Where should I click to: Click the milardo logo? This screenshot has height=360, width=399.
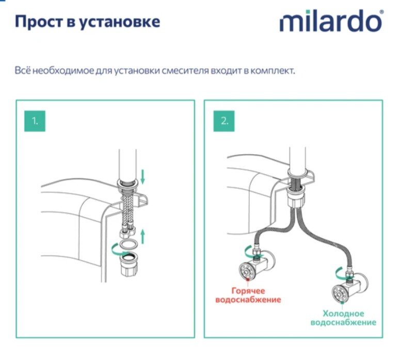coord(330,22)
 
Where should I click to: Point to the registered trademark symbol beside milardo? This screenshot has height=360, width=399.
coord(382,12)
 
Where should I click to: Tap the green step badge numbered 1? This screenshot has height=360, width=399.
coord(35,121)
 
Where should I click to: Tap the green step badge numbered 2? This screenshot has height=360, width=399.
coord(225,121)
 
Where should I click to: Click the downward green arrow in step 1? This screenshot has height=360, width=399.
coord(143,177)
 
